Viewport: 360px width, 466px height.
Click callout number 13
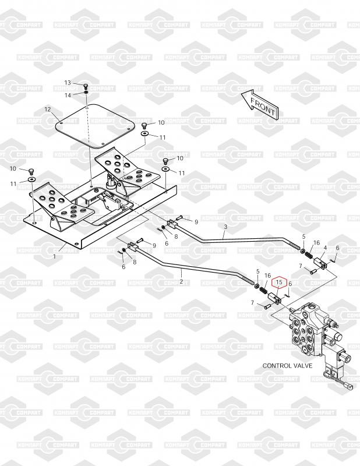tap(68, 83)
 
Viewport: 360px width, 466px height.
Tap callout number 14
tap(68, 95)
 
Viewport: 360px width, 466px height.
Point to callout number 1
tap(55, 256)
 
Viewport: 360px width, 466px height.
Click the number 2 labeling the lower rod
tap(181, 282)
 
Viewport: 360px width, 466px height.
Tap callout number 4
tap(325, 248)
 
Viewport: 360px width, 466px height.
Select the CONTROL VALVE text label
tap(287, 366)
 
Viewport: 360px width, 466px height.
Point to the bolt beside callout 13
tap(86, 84)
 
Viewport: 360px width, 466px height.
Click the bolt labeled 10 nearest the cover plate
tap(145, 125)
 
